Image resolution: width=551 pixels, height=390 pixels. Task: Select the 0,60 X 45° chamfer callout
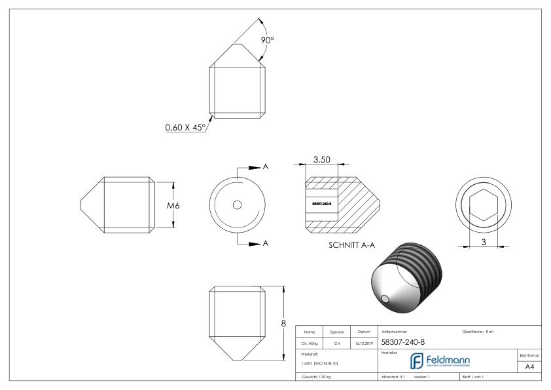pos(185,127)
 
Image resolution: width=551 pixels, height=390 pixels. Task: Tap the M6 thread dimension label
pos(173,205)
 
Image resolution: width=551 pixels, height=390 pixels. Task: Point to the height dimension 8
pos(284,323)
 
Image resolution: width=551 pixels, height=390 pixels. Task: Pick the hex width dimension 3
pos(484,242)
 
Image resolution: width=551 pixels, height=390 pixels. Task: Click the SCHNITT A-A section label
pos(351,248)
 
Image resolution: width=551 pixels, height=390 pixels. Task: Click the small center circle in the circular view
pos(237,205)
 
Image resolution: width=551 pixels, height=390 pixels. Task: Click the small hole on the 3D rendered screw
pos(389,299)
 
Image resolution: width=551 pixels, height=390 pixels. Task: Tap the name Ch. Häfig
pos(311,342)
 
